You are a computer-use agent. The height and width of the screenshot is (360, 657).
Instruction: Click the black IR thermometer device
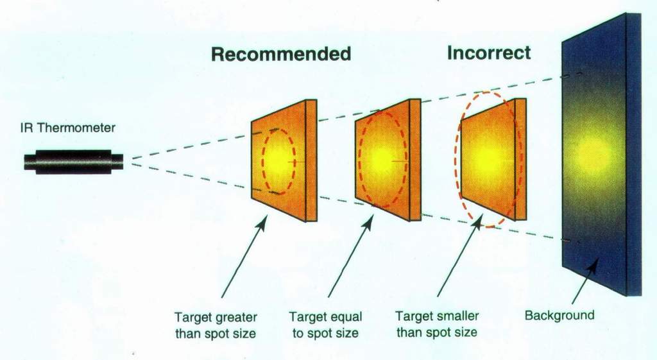point(74,162)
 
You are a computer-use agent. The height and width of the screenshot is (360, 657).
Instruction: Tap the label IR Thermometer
point(68,128)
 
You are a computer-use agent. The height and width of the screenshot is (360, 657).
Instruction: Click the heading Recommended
point(281,54)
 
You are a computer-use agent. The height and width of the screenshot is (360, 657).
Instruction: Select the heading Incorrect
point(489,53)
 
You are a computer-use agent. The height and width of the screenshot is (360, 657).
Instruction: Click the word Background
point(559,315)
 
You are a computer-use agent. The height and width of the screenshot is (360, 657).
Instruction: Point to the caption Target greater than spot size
point(216,325)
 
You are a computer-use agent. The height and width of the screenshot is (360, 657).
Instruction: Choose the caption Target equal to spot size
point(325,325)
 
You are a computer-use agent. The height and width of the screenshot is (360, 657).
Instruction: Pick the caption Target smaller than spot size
point(436,324)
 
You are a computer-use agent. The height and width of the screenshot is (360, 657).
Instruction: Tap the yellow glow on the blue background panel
point(593,156)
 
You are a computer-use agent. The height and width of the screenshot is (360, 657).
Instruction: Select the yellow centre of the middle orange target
point(382,158)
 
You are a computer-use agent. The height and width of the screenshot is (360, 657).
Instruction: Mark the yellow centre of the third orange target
point(488,158)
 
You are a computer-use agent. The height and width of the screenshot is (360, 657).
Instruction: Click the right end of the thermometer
point(123,162)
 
